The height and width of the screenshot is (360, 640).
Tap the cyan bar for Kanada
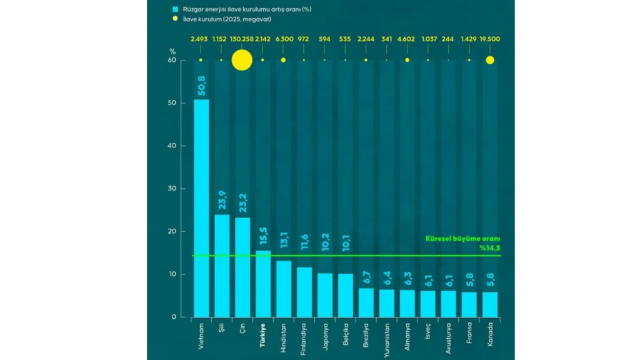(489, 304)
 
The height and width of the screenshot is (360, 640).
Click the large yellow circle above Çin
(242, 60)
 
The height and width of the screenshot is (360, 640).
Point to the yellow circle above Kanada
(490, 60)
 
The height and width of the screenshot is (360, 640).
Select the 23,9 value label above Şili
(221, 201)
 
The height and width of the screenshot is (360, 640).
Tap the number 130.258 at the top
(242, 39)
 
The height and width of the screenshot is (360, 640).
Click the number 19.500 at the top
(490, 39)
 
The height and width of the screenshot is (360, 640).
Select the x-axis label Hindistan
(284, 338)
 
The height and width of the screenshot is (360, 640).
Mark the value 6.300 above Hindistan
(283, 39)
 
